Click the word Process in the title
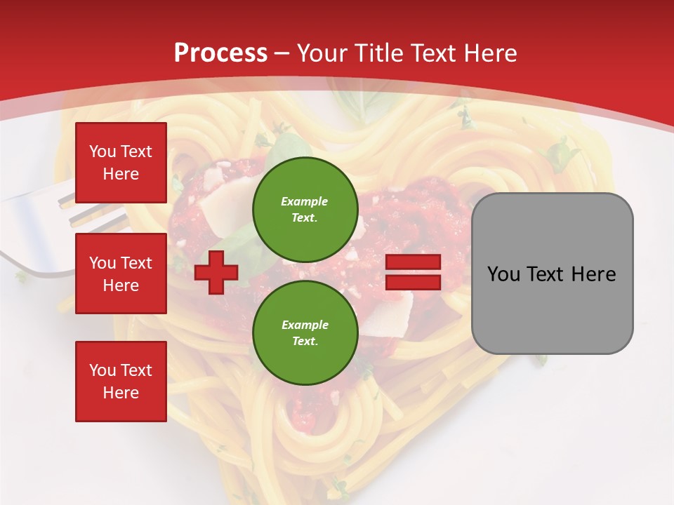tap(220, 53)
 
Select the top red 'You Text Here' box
tap(121, 163)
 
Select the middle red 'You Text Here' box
tap(121, 274)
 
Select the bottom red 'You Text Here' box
tap(121, 381)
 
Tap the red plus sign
tap(216, 272)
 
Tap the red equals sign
tap(413, 272)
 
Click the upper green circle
tap(305, 210)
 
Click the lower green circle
tap(305, 333)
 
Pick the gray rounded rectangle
tap(552, 274)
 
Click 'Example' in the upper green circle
tap(305, 201)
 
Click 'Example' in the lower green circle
tap(305, 325)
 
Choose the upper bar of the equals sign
tap(413, 262)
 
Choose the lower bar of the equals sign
tap(413, 282)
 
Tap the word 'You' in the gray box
tap(504, 274)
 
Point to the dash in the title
tap(282, 54)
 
